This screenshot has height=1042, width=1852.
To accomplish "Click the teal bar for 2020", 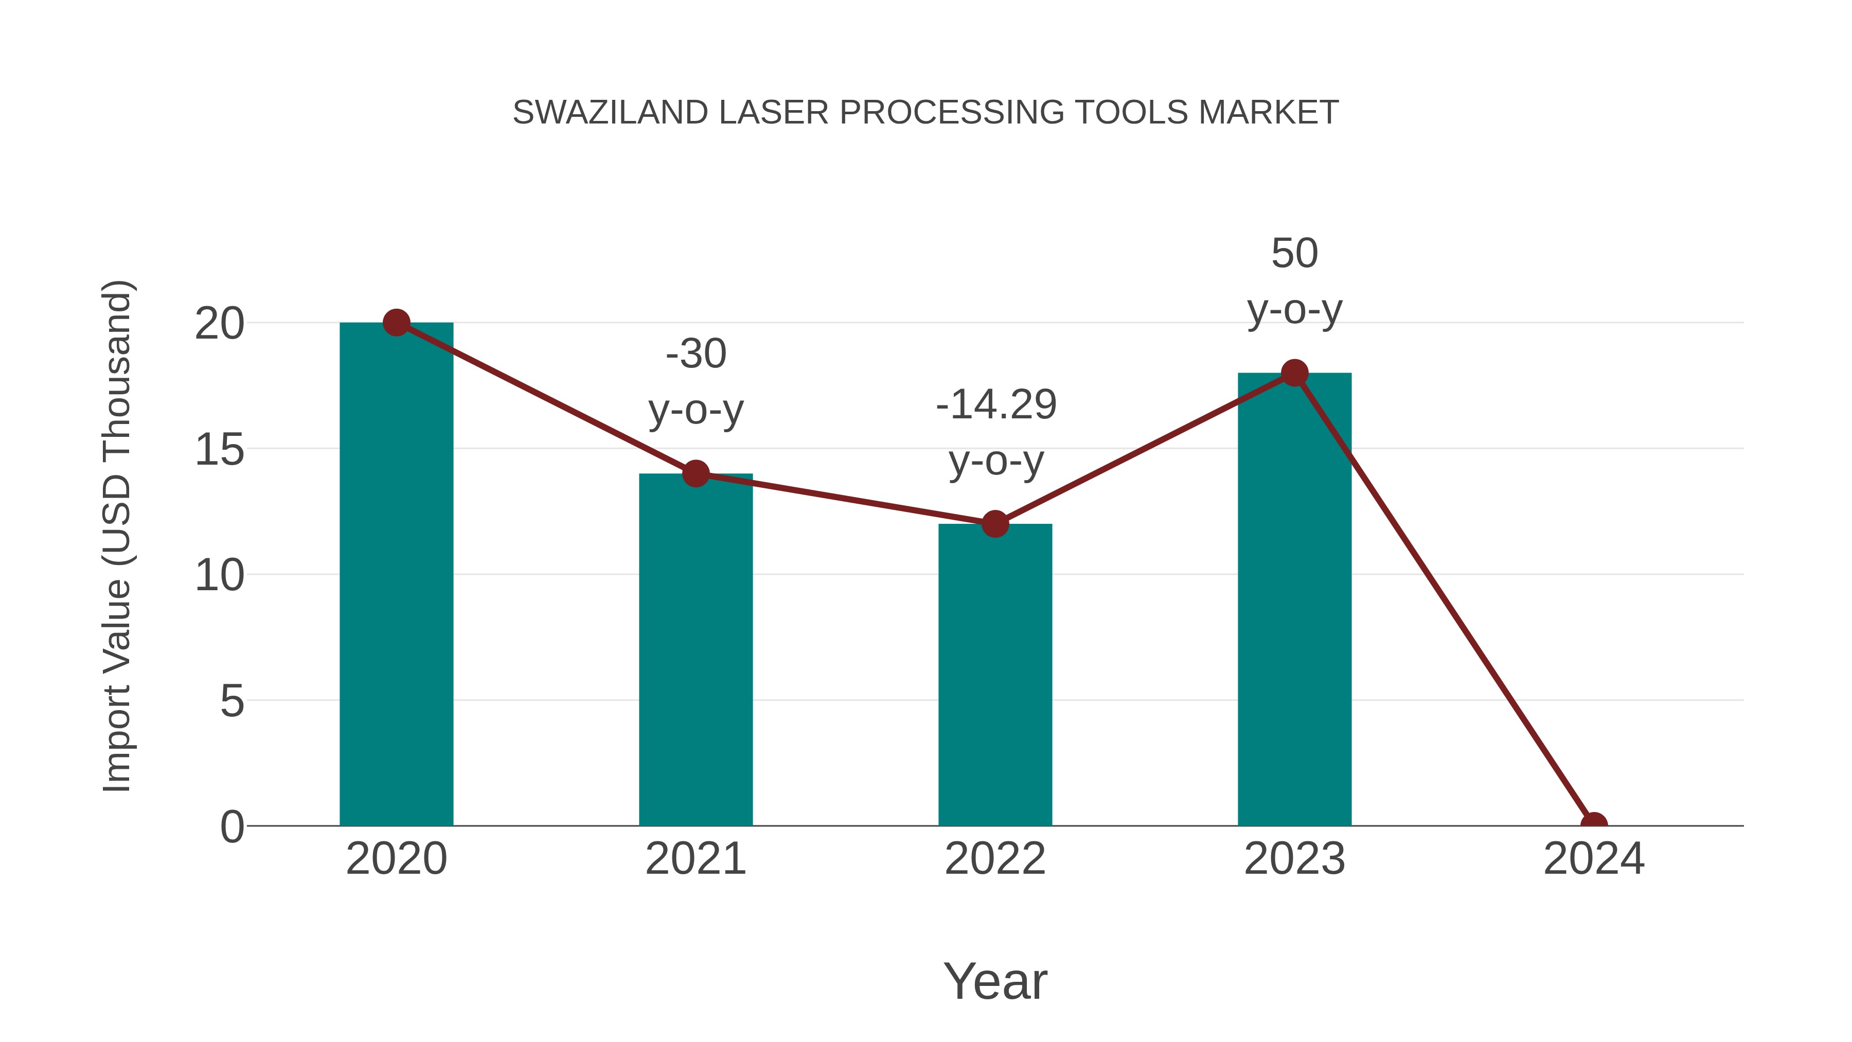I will click(396, 575).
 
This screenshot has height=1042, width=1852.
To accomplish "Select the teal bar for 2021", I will click(695, 651).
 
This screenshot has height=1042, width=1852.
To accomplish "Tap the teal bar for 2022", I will click(995, 676).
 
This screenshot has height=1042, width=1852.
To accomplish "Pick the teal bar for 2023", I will click(1294, 601).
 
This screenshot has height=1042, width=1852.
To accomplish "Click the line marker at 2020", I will click(397, 323).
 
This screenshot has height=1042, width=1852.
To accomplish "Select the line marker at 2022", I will click(995, 524).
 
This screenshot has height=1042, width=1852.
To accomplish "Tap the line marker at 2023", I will click(1295, 373).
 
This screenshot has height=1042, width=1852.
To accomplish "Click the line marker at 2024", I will click(1594, 824).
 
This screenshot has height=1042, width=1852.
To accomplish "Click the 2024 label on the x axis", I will click(1594, 859).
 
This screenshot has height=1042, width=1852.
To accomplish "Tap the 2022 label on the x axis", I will click(995, 859).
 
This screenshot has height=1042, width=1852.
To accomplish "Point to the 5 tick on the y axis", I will click(232, 700).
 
